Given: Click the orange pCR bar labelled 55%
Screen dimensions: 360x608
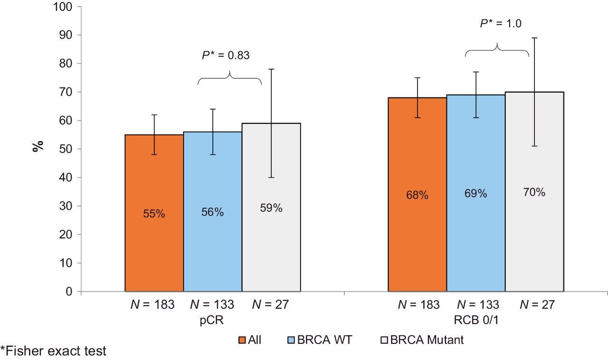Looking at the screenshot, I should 154,213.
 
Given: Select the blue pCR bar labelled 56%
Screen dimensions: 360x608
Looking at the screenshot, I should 212,211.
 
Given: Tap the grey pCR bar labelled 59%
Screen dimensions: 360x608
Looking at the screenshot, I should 271,208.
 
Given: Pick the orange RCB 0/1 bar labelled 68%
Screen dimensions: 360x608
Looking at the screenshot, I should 417,195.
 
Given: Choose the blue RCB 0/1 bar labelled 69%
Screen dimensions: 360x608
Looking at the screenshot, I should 475,193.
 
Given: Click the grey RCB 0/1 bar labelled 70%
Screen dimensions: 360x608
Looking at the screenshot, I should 534,192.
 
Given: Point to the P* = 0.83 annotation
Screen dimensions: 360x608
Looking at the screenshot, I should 226,55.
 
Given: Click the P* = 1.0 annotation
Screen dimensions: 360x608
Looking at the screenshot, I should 500,23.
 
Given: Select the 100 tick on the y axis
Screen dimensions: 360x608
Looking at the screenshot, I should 64,7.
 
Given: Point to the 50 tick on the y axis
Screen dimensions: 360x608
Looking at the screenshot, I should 67,149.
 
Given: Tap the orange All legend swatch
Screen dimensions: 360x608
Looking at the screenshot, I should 241,340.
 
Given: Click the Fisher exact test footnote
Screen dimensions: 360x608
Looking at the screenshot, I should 53,352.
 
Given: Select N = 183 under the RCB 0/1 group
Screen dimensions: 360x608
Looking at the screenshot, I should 418,305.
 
